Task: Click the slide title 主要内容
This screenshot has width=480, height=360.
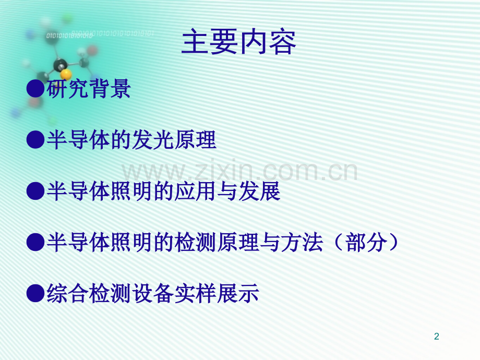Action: coord(238,42)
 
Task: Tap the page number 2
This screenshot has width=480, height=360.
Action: coord(437,336)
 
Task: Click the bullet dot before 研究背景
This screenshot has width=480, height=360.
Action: coord(35,89)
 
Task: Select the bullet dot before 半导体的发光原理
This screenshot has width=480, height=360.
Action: coord(35,140)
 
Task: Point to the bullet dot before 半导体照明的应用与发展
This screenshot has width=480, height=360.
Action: coord(35,191)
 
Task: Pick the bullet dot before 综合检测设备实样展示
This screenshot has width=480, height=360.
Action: coord(35,293)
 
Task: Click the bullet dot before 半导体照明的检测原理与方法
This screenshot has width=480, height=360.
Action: coord(35,242)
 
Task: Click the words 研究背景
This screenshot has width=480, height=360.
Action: coord(89,89)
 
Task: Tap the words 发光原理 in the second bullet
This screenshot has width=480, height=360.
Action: coord(174,140)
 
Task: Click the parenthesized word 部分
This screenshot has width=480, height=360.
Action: coord(366,242)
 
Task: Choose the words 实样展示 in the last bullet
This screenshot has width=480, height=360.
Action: coord(217,293)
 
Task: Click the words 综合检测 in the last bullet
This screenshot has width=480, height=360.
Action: coord(89,293)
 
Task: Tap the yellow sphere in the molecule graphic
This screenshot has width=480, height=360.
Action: coord(66,75)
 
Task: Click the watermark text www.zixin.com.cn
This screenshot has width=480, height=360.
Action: coord(239,170)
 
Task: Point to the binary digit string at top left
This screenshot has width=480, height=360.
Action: coord(100,34)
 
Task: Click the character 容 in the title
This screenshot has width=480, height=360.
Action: coord(282,42)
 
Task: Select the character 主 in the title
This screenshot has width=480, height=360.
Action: coord(195,42)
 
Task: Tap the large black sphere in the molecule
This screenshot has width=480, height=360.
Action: coord(60,65)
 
